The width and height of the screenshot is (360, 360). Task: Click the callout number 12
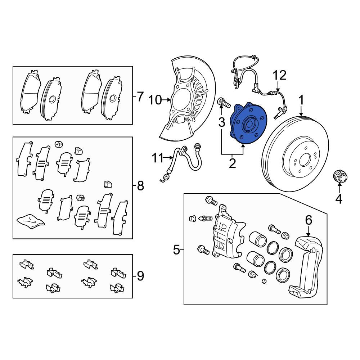pyautogui.click(x=280, y=75)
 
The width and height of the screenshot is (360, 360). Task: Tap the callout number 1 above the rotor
pyautogui.click(x=301, y=100)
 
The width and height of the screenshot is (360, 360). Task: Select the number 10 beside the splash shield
pyautogui.click(x=155, y=100)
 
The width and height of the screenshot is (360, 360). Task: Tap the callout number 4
pyautogui.click(x=339, y=199)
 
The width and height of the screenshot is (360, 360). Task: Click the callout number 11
pyautogui.click(x=158, y=158)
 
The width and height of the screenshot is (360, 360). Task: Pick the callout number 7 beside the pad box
pyautogui.click(x=140, y=96)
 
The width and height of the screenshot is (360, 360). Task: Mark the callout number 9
pyautogui.click(x=140, y=276)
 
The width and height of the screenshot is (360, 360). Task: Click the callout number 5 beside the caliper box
pyautogui.click(x=176, y=249)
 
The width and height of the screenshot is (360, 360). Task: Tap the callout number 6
pyautogui.click(x=309, y=220)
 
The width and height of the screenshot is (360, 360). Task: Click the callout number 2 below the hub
pyautogui.click(x=232, y=163)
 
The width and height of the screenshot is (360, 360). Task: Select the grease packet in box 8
pyautogui.click(x=31, y=221)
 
